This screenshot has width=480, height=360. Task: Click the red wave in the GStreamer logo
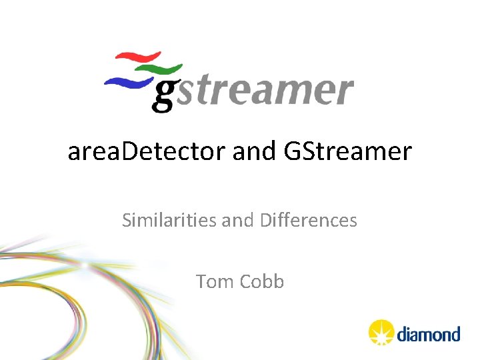[139, 57]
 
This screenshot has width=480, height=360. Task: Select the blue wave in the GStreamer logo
[127, 81]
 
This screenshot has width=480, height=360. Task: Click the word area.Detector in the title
[147, 152]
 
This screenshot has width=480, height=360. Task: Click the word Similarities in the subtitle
[169, 220]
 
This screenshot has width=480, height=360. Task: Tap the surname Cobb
[262, 281]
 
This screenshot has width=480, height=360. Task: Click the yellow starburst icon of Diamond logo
[381, 332]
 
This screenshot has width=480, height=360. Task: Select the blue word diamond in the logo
[429, 333]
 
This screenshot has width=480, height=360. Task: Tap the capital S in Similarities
[127, 220]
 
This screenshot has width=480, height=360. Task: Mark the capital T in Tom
[201, 281]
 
